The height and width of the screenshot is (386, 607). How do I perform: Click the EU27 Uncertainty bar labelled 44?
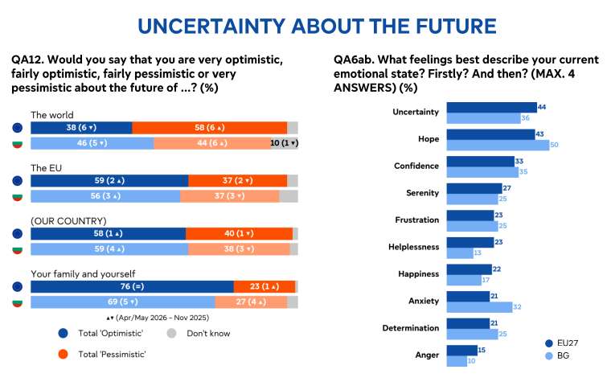pos(492,107)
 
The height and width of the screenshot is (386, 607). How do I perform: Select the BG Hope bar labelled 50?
pos(498,145)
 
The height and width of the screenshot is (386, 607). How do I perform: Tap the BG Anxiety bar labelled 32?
pos(479,307)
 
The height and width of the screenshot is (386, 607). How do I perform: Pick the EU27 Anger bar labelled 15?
pos(461,350)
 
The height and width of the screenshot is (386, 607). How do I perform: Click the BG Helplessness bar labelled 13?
pos(460,253)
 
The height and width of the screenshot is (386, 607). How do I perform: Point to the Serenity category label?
pos(422,193)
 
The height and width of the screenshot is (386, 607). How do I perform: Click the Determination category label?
pos(410,328)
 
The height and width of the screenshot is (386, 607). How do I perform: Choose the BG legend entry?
pos(556,355)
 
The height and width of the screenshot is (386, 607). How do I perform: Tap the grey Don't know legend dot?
pos(171,334)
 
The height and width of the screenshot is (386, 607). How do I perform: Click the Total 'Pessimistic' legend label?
pos(112,355)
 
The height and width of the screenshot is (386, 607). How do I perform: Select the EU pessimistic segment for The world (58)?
pos(209,128)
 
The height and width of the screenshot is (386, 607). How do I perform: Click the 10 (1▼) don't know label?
pos(284,143)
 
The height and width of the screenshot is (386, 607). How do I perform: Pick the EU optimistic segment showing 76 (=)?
pos(132,286)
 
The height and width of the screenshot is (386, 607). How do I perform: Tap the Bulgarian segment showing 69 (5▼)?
pos(123,302)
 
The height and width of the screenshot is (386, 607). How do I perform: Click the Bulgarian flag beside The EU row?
pos(18,197)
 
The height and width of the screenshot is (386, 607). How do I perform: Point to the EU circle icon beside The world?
pos(18,128)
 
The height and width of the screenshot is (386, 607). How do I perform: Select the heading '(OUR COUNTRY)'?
pos(68,221)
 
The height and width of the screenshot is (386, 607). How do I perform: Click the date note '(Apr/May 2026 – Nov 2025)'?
pos(158,318)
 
